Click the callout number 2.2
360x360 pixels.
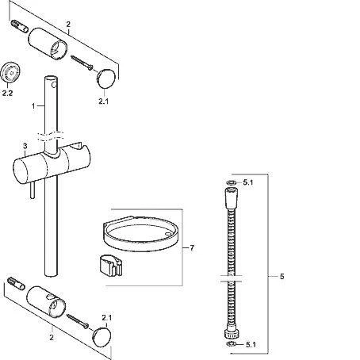[7, 93]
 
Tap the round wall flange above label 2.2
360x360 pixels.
[10, 72]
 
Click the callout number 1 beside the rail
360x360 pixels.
[33, 106]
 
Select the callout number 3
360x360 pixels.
[25, 146]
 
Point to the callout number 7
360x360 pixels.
[192, 248]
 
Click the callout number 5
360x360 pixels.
[282, 277]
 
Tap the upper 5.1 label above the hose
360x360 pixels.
[248, 182]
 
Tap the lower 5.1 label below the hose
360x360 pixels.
[251, 344]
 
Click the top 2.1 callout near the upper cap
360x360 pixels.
[104, 101]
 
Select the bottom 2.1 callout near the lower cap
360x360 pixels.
[107, 318]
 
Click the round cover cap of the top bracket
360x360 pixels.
[106, 79]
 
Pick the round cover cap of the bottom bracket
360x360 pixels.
[101, 337]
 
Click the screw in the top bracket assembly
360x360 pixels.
[82, 63]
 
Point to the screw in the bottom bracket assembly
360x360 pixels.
[78, 321]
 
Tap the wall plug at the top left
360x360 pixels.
[20, 26]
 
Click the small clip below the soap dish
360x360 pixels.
[111, 266]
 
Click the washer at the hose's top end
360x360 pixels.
[232, 182]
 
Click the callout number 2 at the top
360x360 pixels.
[68, 25]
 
